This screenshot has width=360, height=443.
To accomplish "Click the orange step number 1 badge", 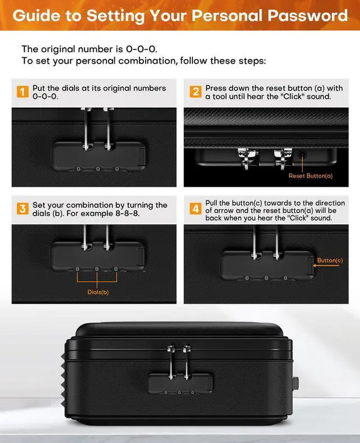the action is tap(22, 92).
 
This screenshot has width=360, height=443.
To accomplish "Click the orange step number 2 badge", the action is tap(196, 92).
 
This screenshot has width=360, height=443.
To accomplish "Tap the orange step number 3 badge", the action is tap(22, 209).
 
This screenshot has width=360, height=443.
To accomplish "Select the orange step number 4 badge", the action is tap(196, 209).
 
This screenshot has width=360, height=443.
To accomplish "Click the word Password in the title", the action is tap(308, 15).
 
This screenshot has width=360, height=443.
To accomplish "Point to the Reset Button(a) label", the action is tap(310, 176).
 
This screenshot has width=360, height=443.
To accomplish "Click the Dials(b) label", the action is tap(98, 292).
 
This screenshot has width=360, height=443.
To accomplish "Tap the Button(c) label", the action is tap(330, 260).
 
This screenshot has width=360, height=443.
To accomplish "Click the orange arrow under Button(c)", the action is tap(326, 265).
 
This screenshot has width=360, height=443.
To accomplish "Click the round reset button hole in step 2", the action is tap(303, 155).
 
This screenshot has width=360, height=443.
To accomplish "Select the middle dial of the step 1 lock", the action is tap(98, 169).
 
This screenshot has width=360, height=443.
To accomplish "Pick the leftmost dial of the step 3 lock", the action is tap(78, 269).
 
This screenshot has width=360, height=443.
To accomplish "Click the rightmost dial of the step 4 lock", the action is tap(285, 278).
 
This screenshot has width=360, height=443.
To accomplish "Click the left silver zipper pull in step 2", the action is tap(247, 159).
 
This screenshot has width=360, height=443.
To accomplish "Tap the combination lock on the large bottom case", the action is tap(181, 383).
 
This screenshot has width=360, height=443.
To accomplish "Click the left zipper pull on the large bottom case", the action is tap(171, 363).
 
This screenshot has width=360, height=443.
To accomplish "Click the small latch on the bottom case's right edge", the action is tap(296, 383).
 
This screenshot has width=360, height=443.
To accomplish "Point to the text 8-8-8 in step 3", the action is tap(128, 213).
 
